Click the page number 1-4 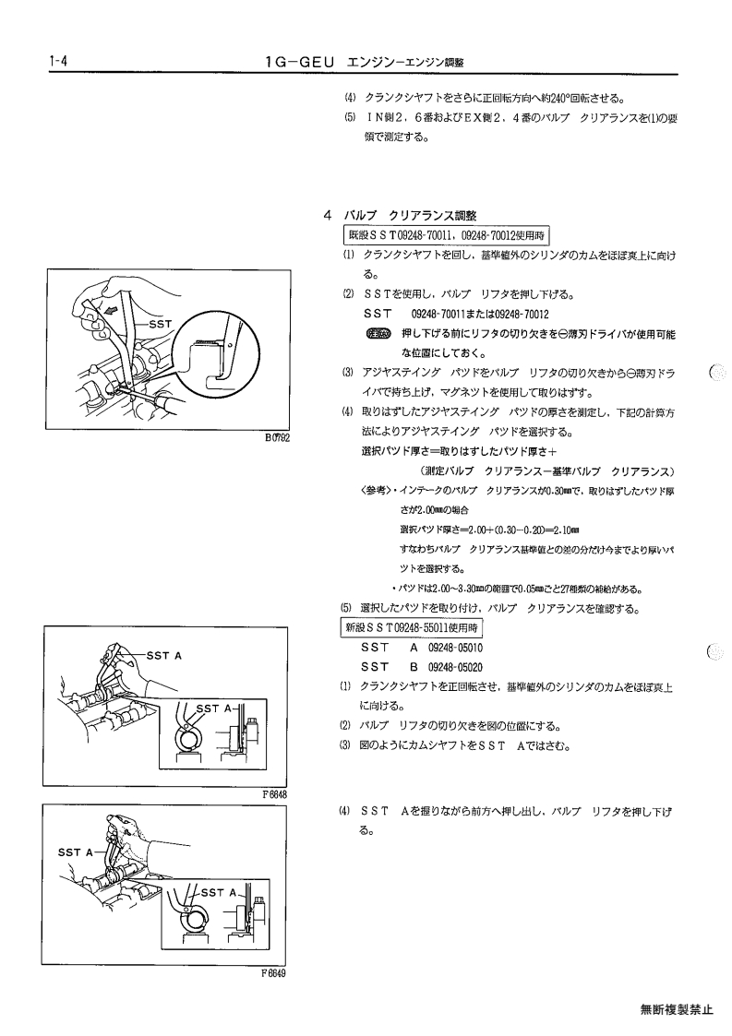59,62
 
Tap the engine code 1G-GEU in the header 301,62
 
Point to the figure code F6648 274,795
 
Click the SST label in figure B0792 160,324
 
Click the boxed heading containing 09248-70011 446,235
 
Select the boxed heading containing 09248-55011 412,627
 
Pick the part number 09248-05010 456,649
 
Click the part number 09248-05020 456,667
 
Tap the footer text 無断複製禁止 677,1009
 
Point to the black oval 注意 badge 378,333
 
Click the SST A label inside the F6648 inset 212,709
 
